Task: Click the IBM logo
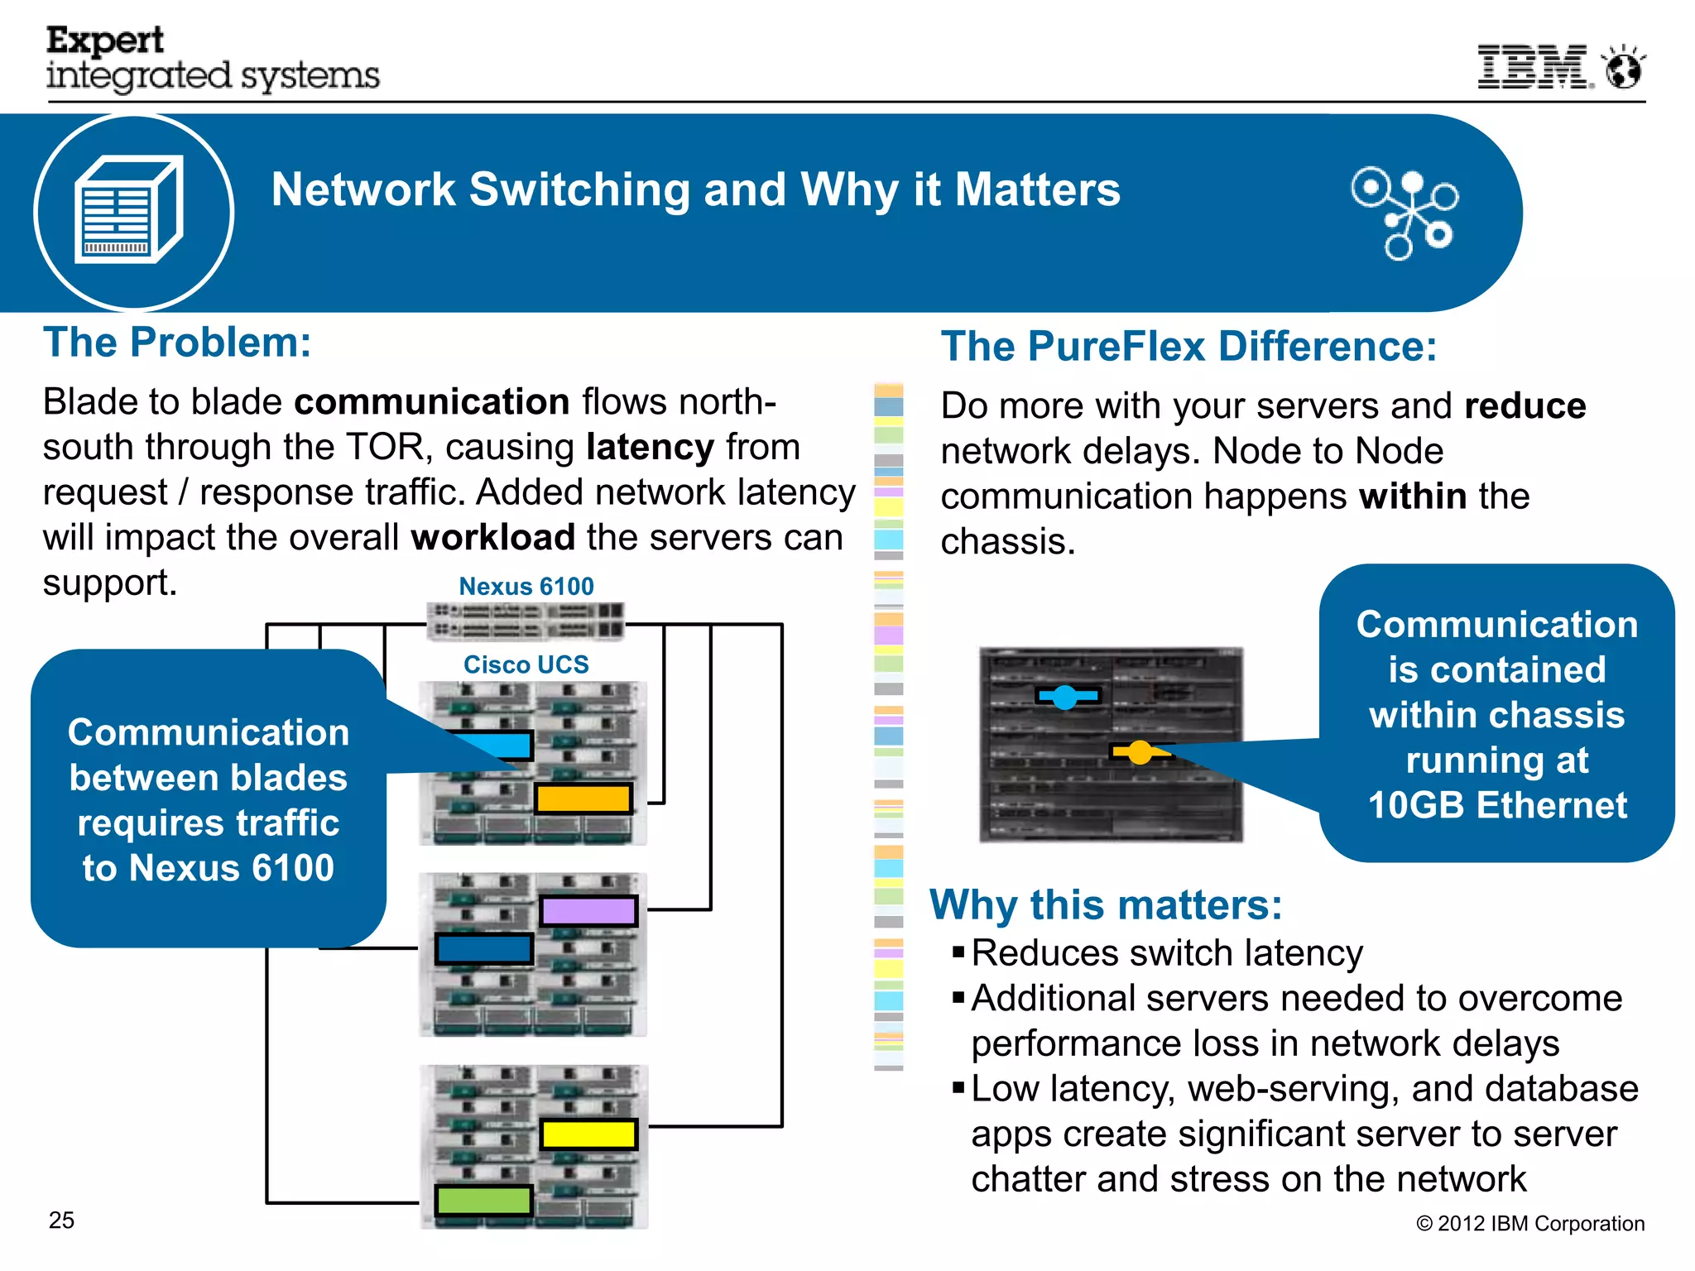[x=1534, y=67]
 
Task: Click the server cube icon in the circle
[x=129, y=210]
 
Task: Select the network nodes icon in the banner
[x=1405, y=213]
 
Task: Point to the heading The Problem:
[x=177, y=343]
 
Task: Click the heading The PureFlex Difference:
[x=1188, y=347]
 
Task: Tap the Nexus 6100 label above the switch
[x=526, y=586]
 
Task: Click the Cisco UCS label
[x=526, y=664]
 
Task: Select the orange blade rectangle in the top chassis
[x=583, y=799]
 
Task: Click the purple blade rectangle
[x=588, y=911]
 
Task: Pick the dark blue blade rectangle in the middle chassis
[x=484, y=949]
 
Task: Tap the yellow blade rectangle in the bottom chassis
[x=588, y=1134]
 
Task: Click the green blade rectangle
[x=484, y=1200]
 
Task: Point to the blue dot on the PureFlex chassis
[x=1065, y=697]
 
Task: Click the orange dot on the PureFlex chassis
[x=1140, y=752]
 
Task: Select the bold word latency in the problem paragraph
[x=650, y=447]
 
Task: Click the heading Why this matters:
[x=1106, y=904]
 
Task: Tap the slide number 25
[x=62, y=1221]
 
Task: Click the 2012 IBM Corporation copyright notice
[x=1530, y=1224]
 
